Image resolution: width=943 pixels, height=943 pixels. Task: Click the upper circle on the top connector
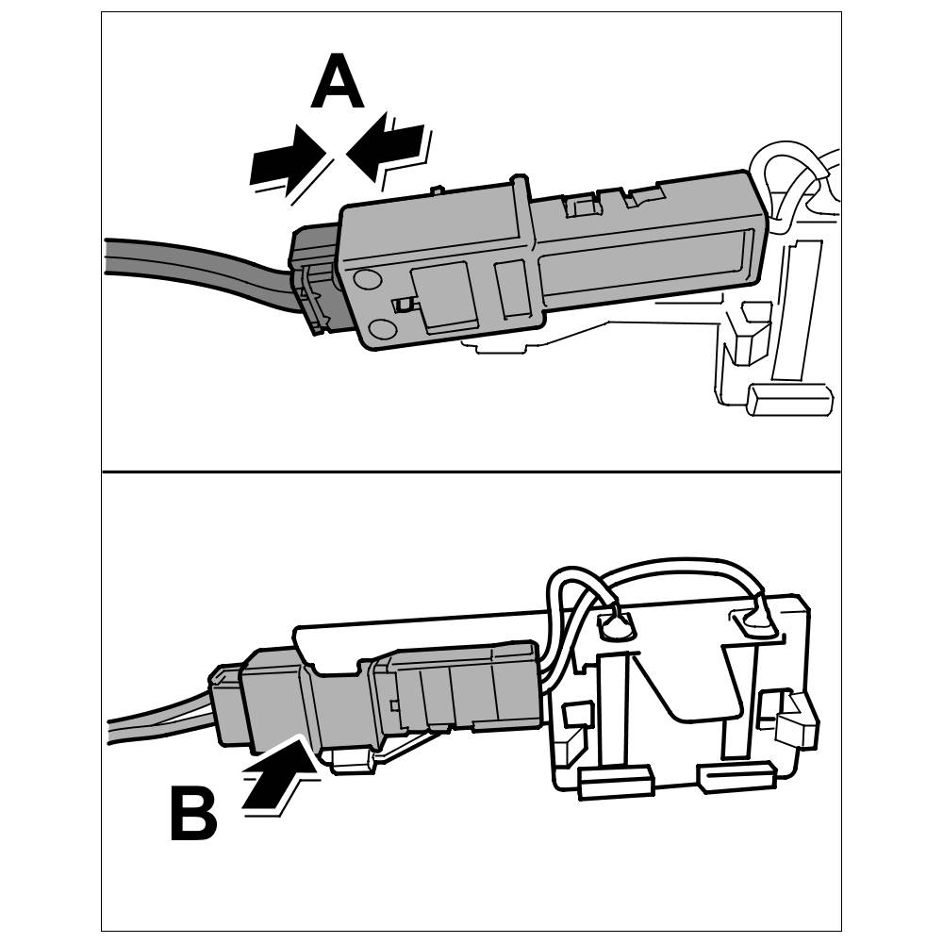click(x=369, y=279)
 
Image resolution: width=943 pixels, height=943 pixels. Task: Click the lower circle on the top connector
click(x=381, y=327)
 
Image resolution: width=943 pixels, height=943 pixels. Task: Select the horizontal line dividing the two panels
click(x=471, y=471)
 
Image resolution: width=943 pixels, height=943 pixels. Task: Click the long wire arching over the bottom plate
click(x=679, y=566)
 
